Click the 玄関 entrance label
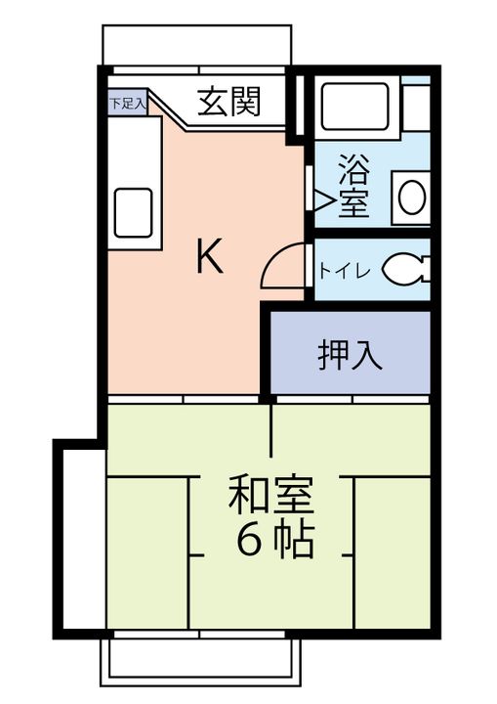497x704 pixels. [x=230, y=103]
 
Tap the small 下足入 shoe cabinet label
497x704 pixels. [x=127, y=103]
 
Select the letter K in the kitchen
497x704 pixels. [x=210, y=257]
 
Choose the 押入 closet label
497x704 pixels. [x=349, y=355]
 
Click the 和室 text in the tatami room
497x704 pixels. [x=270, y=497]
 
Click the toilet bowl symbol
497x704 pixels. [x=405, y=269]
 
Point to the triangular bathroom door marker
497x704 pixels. [x=321, y=198]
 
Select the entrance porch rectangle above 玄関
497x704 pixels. [x=196, y=44]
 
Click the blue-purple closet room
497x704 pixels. [x=349, y=354]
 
